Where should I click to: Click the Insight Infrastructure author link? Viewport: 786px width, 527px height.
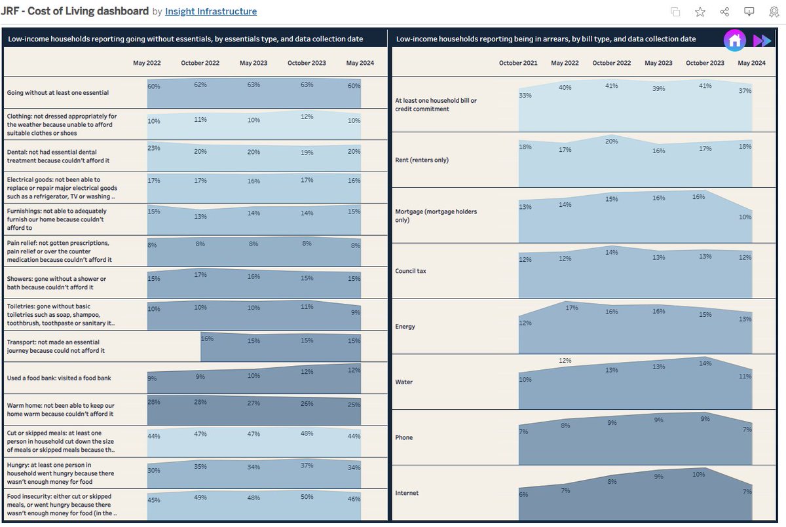(x=211, y=11)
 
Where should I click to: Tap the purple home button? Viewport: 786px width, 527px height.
(x=734, y=40)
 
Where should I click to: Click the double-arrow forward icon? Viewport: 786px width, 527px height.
(x=762, y=41)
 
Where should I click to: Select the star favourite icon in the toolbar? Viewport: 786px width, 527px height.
(x=700, y=12)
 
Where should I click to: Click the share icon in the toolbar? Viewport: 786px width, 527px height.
(x=724, y=12)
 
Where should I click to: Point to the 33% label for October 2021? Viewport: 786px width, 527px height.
(x=524, y=96)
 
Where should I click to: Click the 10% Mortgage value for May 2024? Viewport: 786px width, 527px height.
(x=745, y=217)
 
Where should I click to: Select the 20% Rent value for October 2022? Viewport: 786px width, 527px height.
(x=611, y=141)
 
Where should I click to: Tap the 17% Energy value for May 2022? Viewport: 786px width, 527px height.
(x=571, y=308)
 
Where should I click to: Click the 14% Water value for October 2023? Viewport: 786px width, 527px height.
(x=704, y=363)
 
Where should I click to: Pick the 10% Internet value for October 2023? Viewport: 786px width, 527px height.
(x=698, y=475)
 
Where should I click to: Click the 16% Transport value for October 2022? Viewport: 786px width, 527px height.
(x=207, y=338)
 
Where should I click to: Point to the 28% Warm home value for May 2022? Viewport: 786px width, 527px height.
(x=154, y=401)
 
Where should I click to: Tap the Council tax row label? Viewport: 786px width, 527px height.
(x=411, y=271)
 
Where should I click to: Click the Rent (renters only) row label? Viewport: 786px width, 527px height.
(x=422, y=160)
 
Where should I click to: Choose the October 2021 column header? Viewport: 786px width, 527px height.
(x=518, y=64)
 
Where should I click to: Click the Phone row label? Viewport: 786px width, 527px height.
(x=404, y=437)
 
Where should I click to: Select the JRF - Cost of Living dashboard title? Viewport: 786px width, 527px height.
(x=75, y=11)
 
